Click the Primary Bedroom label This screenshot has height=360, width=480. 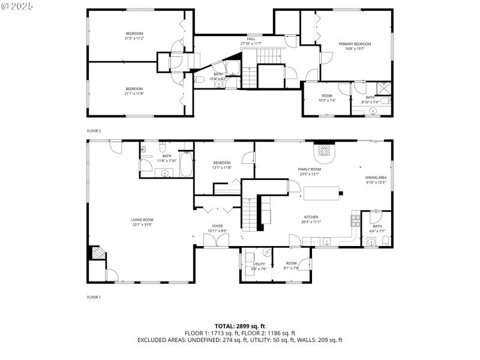click(355, 44)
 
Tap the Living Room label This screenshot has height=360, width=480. click(142, 220)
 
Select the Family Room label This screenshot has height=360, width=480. click(309, 169)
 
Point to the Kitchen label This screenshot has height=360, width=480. click(311, 217)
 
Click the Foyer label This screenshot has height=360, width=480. click(217, 226)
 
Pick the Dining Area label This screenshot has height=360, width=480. click(376, 178)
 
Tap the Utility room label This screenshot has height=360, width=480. click(259, 263)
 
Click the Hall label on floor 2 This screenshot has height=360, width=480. click(251, 39)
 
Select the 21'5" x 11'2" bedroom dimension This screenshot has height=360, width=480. click(134, 38)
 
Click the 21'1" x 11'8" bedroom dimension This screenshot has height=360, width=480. click(134, 93)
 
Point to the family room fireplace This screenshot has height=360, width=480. click(325, 151)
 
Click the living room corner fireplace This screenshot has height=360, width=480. click(95, 253)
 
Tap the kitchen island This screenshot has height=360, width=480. click(322, 193)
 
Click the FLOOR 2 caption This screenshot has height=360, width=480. click(94, 130)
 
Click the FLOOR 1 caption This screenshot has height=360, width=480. click(94, 297)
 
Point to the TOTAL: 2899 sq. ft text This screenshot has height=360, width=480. click(240, 326)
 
